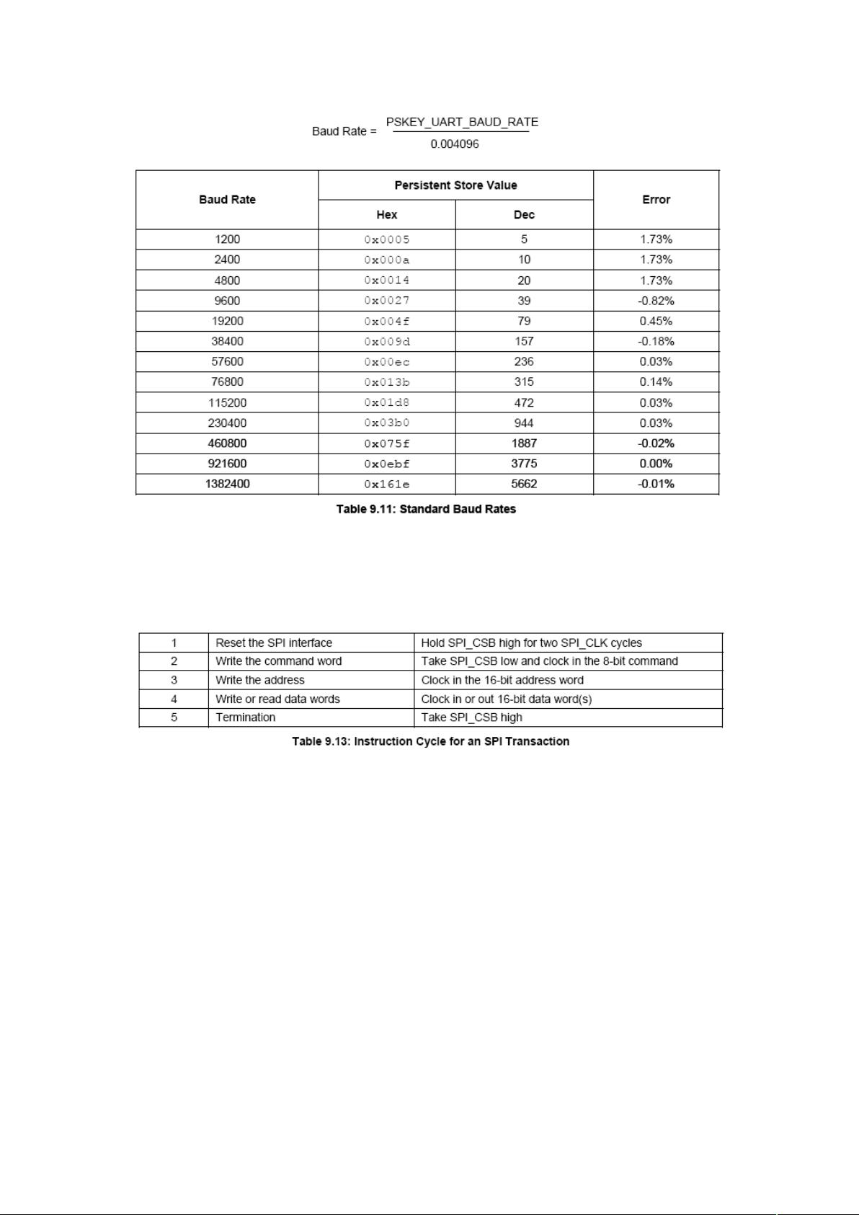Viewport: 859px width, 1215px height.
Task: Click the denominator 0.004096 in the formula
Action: (x=454, y=144)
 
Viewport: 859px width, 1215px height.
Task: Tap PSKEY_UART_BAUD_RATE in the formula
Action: (x=462, y=122)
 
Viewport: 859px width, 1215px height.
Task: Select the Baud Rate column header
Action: (x=227, y=200)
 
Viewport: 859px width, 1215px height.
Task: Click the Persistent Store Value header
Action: (x=455, y=185)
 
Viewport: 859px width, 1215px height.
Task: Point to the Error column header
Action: (x=656, y=200)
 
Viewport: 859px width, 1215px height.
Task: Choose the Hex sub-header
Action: (x=386, y=215)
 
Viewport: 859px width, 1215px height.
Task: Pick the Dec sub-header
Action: (x=524, y=215)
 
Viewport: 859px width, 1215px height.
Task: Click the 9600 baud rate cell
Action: (x=227, y=301)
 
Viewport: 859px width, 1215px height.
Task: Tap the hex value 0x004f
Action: (x=386, y=322)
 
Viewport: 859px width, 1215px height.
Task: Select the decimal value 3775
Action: (x=524, y=464)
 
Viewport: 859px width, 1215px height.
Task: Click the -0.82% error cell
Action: (x=656, y=301)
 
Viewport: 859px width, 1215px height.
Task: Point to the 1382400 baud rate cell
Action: (x=227, y=484)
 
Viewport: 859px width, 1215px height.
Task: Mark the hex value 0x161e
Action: (x=386, y=485)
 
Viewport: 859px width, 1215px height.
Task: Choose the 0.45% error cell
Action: (x=656, y=321)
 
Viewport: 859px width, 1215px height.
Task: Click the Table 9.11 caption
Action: (x=426, y=509)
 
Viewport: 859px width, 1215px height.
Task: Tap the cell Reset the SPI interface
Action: (x=274, y=643)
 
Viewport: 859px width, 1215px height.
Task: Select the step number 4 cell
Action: (x=174, y=699)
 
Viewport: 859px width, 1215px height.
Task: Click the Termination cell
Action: (x=245, y=717)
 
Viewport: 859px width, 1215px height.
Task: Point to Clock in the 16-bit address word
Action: (x=502, y=680)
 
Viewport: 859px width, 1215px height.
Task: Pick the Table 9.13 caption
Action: (x=430, y=741)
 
